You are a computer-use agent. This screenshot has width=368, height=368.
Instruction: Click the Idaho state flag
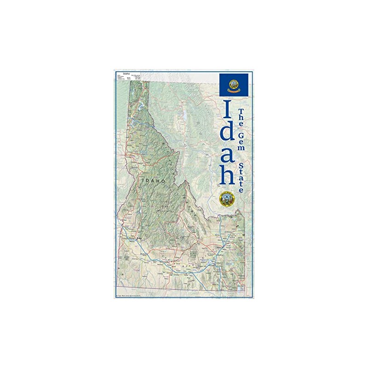coord(234,85)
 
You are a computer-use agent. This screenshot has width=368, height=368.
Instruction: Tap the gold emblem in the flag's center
coord(234,85)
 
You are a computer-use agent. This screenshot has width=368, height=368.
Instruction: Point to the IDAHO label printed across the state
coord(154,181)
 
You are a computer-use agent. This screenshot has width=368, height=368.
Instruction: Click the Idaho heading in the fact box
coord(126,72)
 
